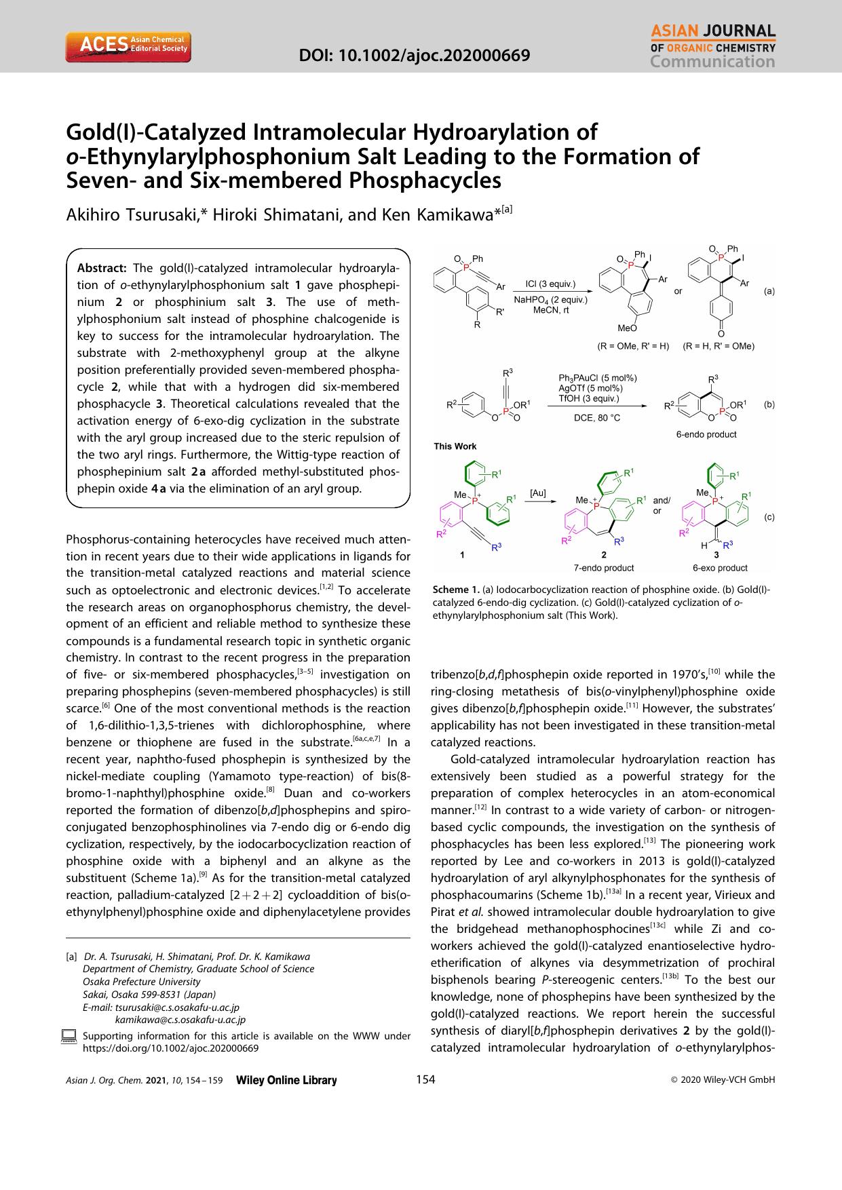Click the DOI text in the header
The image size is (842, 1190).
click(x=415, y=55)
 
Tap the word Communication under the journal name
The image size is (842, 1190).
click(x=712, y=62)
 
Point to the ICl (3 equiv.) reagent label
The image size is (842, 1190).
click(x=550, y=284)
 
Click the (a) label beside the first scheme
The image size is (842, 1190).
click(x=769, y=291)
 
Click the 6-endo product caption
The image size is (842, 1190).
click(x=706, y=434)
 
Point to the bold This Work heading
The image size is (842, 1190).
click(x=455, y=446)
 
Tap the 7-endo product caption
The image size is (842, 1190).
click(x=604, y=568)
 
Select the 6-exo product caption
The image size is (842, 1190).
click(x=719, y=568)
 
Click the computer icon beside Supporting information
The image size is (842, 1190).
click(x=71, y=1037)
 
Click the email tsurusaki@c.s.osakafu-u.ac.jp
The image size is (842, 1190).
click(x=177, y=1007)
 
